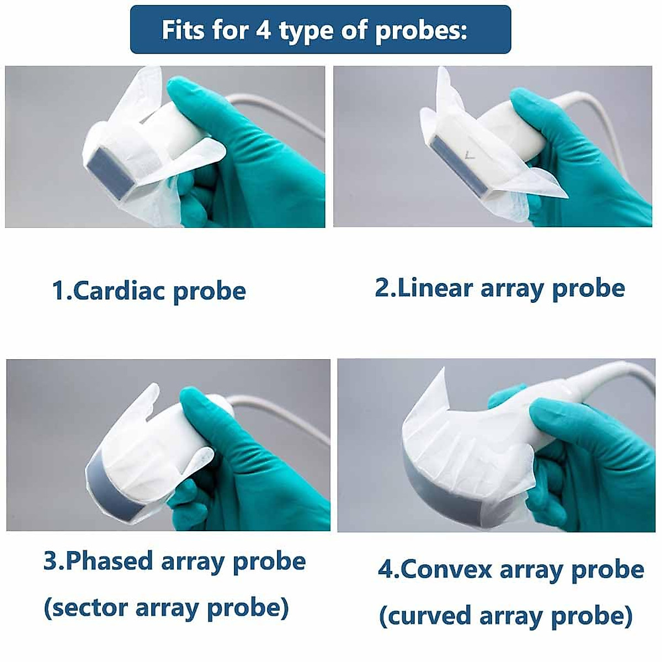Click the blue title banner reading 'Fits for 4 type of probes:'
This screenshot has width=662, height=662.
320,30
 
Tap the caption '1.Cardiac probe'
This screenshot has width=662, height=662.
148,291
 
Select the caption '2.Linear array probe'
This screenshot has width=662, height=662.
500,288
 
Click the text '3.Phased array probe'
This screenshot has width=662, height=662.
174,561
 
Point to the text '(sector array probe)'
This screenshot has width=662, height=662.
166,607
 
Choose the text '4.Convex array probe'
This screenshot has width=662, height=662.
511,569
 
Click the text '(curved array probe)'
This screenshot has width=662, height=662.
505,616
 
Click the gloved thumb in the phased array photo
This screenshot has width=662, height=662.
204,419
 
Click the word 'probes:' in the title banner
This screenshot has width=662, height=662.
421,30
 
